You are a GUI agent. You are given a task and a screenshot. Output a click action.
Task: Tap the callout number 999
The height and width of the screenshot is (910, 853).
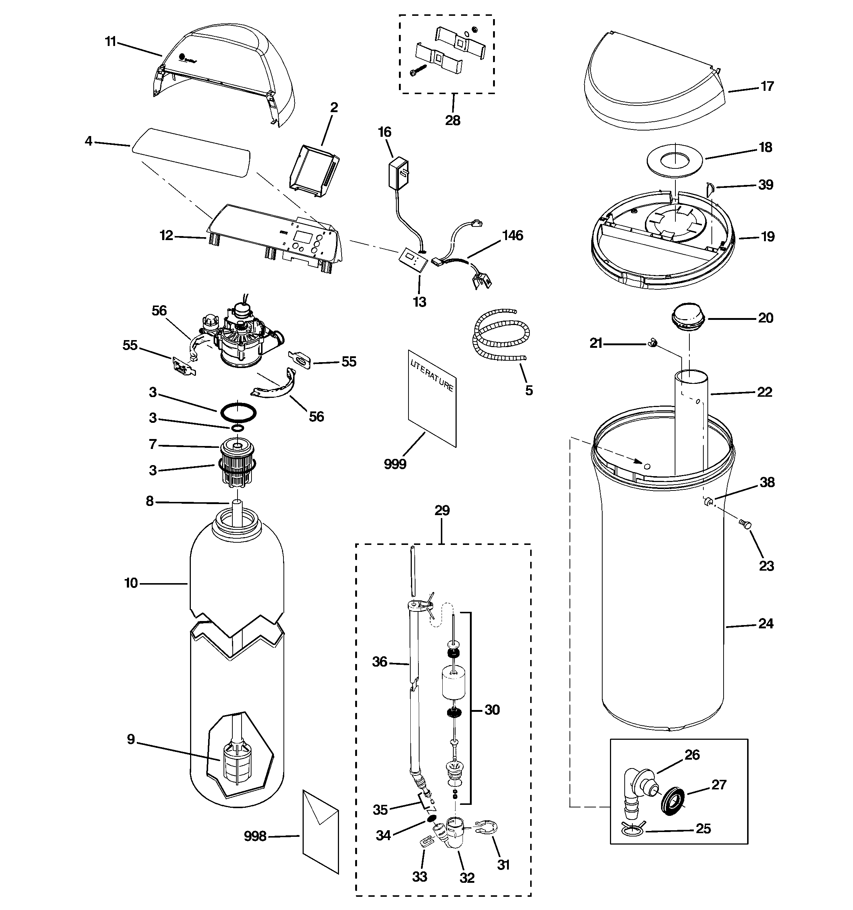(x=395, y=464)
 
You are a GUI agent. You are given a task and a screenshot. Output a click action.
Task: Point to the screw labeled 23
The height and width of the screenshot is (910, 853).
(x=745, y=525)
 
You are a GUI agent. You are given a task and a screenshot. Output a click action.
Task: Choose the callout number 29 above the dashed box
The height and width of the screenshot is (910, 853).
(x=442, y=510)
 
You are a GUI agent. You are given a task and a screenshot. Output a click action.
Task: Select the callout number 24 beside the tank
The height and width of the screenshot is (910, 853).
(x=765, y=624)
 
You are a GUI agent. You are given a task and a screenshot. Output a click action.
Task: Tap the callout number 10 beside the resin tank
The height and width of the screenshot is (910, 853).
(x=131, y=583)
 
